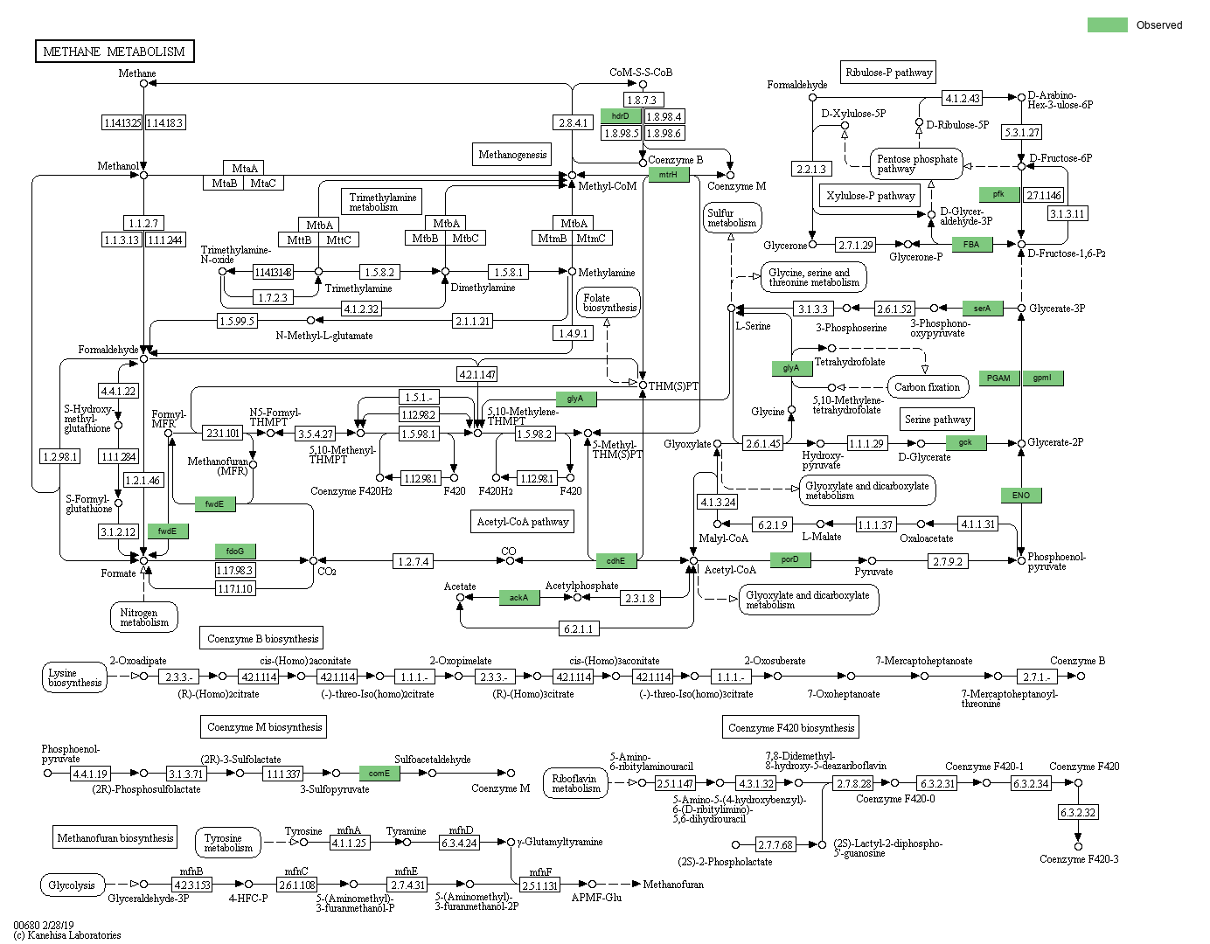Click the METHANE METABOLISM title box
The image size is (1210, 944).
click(115, 52)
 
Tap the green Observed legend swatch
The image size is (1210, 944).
click(1107, 25)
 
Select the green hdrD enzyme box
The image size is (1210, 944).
click(621, 116)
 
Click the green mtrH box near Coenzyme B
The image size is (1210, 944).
click(668, 175)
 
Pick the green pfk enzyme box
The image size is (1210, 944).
click(998, 195)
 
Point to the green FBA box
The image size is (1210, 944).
click(971, 245)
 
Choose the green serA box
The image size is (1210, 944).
click(983, 309)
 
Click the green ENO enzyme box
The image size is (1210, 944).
click(1021, 496)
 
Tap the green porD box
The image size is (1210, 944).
click(790, 560)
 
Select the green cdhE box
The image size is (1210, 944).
click(616, 561)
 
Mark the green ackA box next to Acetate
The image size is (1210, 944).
click(519, 598)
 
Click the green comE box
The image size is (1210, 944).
click(379, 774)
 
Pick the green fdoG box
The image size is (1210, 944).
click(235, 552)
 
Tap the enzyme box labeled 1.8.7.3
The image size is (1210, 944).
click(642, 100)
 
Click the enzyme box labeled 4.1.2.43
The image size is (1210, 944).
click(963, 98)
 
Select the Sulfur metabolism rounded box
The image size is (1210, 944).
click(732, 218)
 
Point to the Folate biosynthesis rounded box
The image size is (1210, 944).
click(609, 303)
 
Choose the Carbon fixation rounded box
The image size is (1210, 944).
click(927, 387)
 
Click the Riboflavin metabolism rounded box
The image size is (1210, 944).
click(575, 783)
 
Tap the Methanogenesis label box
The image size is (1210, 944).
click(512, 155)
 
